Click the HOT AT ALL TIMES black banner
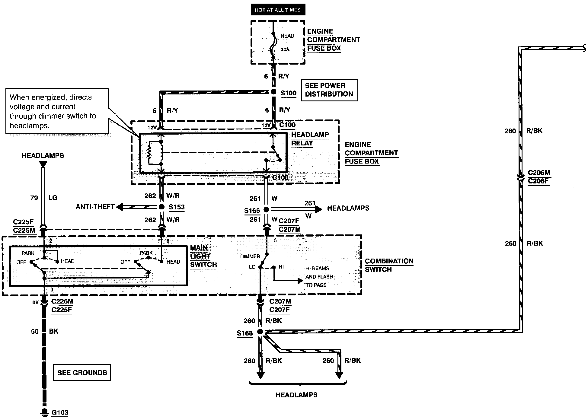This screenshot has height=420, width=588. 278,10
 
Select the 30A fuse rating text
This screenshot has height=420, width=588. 285,49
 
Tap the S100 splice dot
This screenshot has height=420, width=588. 273,92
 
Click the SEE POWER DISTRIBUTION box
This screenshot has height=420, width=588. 329,90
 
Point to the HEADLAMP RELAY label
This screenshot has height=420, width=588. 310,139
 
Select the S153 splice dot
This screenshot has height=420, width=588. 162,207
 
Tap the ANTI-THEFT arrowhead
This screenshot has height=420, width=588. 120,207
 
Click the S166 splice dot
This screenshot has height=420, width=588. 266,209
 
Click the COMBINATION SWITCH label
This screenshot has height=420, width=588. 389,266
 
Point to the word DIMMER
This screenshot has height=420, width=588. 250,256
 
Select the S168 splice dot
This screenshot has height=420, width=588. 260,332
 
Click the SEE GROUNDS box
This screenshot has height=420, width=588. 82,372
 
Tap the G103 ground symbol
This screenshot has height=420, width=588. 44,412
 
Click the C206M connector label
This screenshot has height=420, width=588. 539,173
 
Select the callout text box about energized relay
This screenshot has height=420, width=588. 57,111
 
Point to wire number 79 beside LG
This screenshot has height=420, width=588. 34,198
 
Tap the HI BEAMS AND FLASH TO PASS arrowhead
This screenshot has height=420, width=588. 300,281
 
